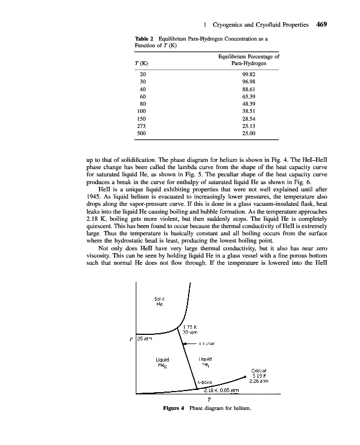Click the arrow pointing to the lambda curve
(192, 343)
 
